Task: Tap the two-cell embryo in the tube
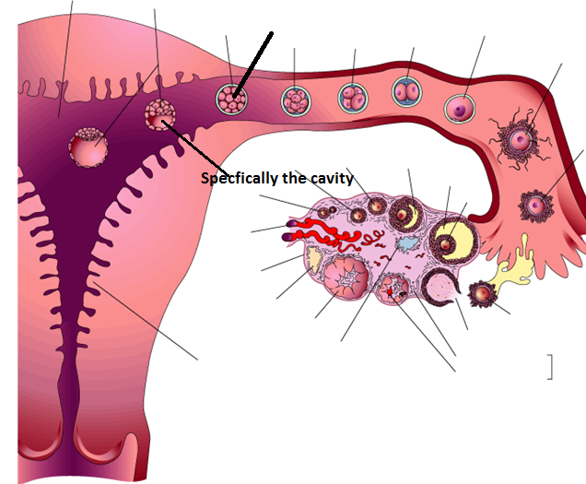click(x=406, y=92)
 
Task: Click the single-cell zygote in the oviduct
click(x=458, y=109)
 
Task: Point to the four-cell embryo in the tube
click(x=353, y=96)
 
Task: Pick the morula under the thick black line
click(x=230, y=98)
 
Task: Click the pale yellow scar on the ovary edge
click(x=313, y=265)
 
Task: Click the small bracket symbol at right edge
click(x=550, y=366)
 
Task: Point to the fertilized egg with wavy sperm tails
click(x=521, y=141)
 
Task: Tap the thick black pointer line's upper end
click(x=273, y=33)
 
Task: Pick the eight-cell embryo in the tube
click(x=295, y=99)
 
